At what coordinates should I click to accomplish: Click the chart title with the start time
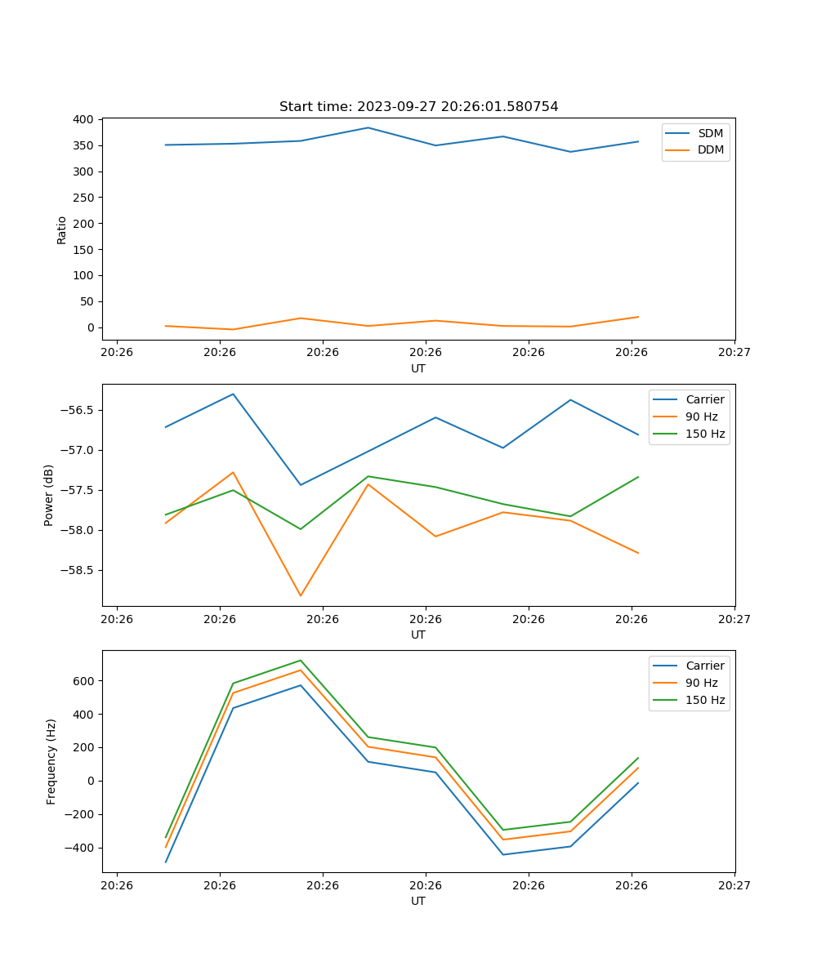click(418, 107)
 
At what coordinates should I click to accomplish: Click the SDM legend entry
click(710, 132)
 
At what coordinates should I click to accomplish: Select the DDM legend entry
click(711, 149)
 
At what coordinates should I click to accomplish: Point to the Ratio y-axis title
click(62, 229)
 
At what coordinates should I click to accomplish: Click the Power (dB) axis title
click(50, 495)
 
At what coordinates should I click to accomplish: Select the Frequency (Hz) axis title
click(51, 761)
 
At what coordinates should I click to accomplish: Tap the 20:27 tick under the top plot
click(734, 352)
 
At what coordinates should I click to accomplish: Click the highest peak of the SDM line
click(368, 127)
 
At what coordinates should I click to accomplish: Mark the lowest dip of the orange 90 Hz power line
click(301, 595)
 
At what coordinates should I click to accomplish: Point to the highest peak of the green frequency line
click(301, 660)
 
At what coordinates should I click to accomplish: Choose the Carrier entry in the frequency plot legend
click(705, 666)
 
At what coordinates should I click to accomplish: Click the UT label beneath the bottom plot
click(418, 901)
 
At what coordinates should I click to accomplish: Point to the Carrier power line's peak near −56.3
click(233, 394)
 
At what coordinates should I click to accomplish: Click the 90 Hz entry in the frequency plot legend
click(702, 683)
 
